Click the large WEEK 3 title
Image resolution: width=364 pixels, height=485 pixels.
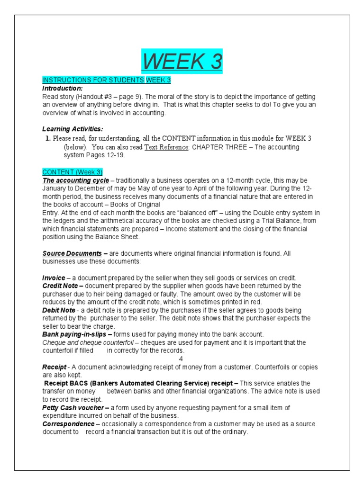(x=182, y=62)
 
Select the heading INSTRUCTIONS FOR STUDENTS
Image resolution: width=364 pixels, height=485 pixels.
(x=93, y=80)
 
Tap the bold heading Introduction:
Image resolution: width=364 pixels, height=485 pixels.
(x=63, y=88)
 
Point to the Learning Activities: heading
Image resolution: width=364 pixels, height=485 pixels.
(x=73, y=129)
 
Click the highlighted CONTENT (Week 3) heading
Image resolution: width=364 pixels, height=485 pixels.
(x=72, y=172)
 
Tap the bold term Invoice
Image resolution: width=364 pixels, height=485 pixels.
(x=54, y=278)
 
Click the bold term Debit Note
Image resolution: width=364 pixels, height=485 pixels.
(x=59, y=310)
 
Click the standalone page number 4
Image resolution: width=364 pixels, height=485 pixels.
(x=181, y=359)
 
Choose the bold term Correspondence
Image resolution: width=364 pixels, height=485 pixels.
(x=68, y=424)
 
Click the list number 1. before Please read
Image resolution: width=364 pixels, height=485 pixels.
(x=48, y=139)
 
